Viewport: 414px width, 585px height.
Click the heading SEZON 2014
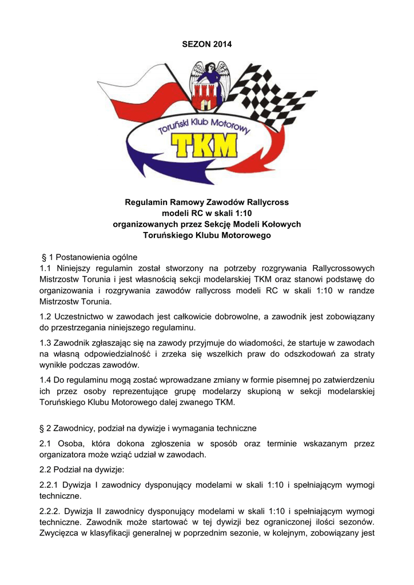(x=207, y=45)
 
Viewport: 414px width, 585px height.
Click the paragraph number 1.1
(x=46, y=269)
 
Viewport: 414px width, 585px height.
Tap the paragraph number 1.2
(x=46, y=316)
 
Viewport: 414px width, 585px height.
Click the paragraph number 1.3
(x=46, y=342)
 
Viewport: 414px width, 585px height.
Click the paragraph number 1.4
(x=46, y=379)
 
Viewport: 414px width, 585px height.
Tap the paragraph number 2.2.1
(x=50, y=485)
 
